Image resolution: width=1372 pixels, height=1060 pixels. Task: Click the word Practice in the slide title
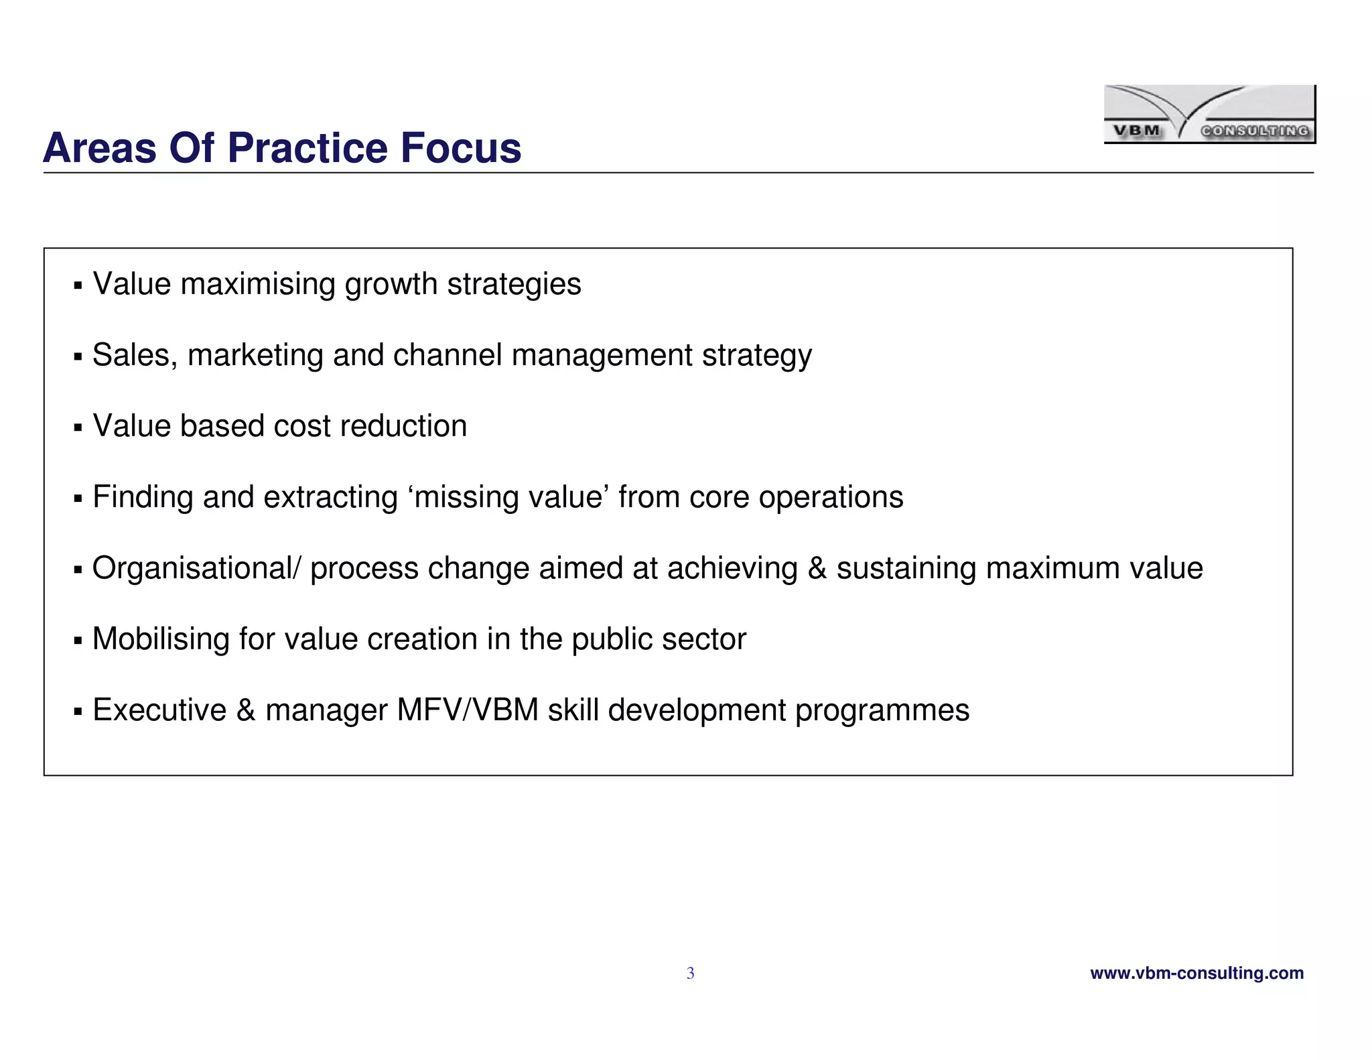point(307,148)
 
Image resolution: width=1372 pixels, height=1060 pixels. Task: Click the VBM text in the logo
point(1137,131)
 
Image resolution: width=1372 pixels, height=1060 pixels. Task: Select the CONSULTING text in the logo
point(1255,131)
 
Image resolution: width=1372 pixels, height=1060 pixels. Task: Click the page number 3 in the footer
point(690,974)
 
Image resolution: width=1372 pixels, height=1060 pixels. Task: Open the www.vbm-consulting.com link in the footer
point(1196,973)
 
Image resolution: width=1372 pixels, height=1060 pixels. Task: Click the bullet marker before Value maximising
point(78,286)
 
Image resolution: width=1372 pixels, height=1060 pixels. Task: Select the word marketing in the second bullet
point(255,355)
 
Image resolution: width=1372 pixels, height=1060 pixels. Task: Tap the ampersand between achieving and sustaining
point(817,568)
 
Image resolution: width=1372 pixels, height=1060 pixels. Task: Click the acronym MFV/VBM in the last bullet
point(468,710)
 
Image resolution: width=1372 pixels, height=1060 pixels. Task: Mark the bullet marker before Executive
point(78,712)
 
